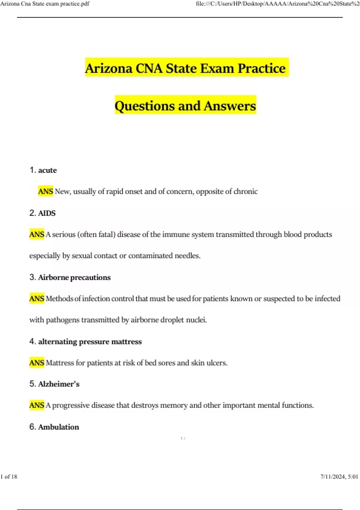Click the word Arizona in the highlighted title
tap(109, 68)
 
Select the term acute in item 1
tap(47, 170)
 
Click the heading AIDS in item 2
tap(47, 213)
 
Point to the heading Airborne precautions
tap(74, 277)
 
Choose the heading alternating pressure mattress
tap(90, 342)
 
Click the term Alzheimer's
tap(59, 384)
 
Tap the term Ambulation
tap(58, 427)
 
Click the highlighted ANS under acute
tap(46, 191)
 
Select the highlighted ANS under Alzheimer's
tap(37, 405)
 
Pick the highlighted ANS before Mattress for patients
tap(37, 363)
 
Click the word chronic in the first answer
tap(245, 191)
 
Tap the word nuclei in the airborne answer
tap(196, 320)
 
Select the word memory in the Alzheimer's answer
tap(174, 405)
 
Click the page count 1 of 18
tap(9, 477)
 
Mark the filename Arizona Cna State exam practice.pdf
tap(45, 4)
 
